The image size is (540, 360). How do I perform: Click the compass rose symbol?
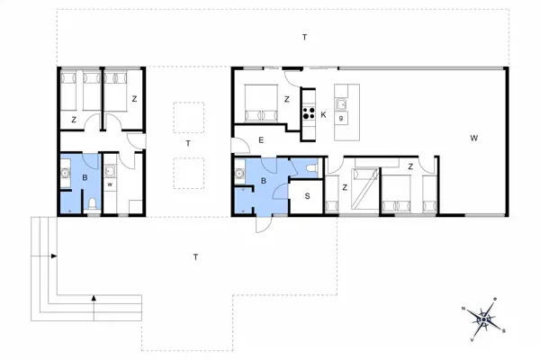(487, 317)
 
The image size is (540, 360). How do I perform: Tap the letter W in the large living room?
(472, 139)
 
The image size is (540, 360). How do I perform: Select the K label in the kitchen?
(322, 114)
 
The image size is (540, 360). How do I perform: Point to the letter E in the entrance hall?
(260, 140)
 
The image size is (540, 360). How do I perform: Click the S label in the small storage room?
(307, 196)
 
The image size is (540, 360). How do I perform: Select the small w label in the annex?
(109, 185)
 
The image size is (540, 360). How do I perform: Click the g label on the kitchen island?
(342, 118)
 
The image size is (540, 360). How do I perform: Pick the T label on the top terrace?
(304, 37)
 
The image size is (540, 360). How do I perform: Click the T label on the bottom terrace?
(195, 257)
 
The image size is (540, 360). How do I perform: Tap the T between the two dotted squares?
(188, 144)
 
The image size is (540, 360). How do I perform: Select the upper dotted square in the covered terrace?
(188, 117)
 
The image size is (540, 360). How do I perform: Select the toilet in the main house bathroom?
(310, 167)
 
